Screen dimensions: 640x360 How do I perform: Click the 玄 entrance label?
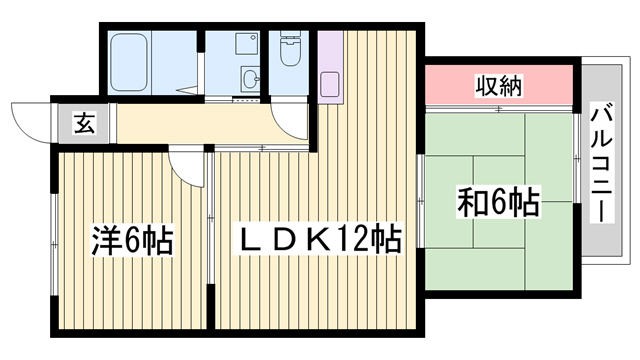click(84, 124)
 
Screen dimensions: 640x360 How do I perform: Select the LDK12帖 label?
click(319, 239)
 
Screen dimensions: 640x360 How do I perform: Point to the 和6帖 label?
click(499, 201)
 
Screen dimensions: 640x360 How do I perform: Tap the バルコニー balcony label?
click(602, 164)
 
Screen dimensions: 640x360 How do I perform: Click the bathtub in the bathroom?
click(129, 62)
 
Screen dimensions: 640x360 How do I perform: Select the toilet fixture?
click(289, 48)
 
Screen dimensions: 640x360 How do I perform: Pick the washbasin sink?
click(249, 79)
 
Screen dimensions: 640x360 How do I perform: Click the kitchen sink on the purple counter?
click(330, 84)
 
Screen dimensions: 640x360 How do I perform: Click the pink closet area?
click(499, 85)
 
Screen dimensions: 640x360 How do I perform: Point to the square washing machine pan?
click(247, 44)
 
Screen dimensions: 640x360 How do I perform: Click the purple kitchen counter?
click(330, 67)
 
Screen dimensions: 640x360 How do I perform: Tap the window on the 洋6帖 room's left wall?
click(54, 244)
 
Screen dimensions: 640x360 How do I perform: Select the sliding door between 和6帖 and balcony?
click(576, 158)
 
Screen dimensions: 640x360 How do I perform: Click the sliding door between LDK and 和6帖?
click(421, 201)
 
